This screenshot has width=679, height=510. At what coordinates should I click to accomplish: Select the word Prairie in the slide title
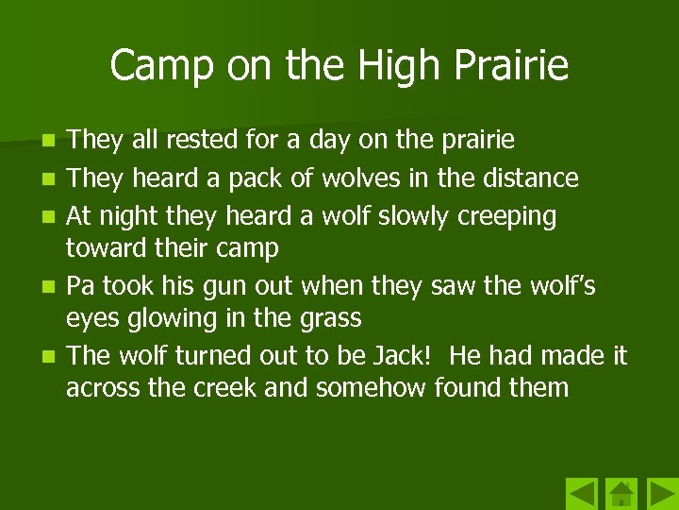[513, 66]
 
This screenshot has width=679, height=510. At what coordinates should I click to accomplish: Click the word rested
[200, 141]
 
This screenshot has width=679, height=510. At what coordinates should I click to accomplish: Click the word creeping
[507, 216]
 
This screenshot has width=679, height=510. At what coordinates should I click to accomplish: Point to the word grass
[328, 318]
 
